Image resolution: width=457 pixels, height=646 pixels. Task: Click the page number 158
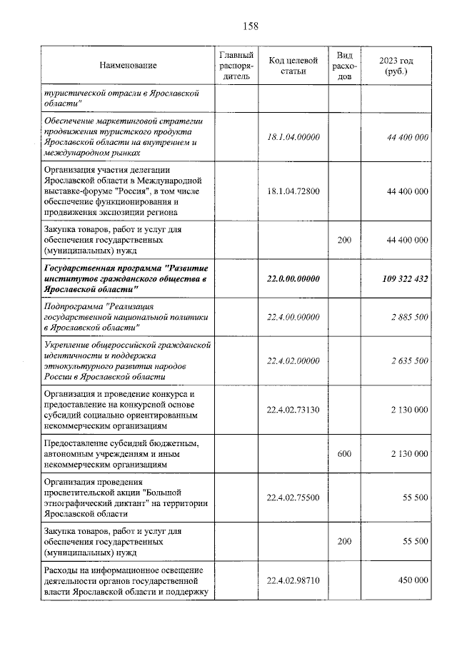click(x=250, y=26)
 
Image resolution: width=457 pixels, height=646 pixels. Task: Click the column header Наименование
click(x=128, y=66)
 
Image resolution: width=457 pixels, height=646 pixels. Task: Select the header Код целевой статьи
click(x=293, y=66)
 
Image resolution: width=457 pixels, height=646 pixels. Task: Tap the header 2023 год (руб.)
click(x=397, y=66)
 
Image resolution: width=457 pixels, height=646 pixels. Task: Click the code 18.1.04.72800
click(x=293, y=192)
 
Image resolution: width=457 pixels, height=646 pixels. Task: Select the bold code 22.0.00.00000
click(x=293, y=278)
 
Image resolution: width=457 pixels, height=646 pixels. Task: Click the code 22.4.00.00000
click(x=293, y=316)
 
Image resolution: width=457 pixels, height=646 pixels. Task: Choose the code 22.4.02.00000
click(x=293, y=360)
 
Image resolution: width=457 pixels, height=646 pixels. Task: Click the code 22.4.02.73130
click(x=293, y=410)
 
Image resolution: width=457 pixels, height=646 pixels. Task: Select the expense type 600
click(x=344, y=454)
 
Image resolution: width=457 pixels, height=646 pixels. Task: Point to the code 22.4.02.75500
click(x=293, y=498)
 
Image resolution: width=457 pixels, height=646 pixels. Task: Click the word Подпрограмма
click(x=74, y=306)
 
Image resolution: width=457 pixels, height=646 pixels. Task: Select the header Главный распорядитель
click(x=236, y=66)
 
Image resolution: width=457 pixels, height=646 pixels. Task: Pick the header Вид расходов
click(x=344, y=66)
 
